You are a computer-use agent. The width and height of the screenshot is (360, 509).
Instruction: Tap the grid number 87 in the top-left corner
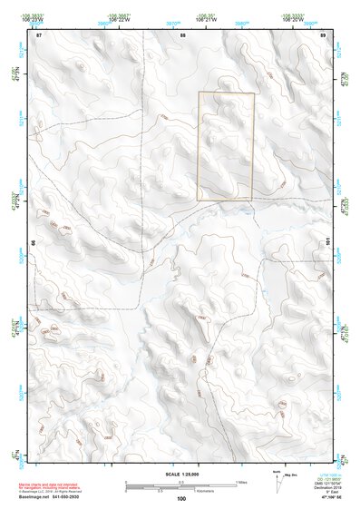click(38, 34)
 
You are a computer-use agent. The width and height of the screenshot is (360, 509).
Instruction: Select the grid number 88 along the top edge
click(182, 34)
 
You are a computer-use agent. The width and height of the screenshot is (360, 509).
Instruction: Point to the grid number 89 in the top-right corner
click(324, 34)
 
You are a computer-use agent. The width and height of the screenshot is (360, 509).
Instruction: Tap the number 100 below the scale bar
click(181, 498)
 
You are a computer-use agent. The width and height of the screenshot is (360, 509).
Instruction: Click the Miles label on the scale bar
click(240, 481)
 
